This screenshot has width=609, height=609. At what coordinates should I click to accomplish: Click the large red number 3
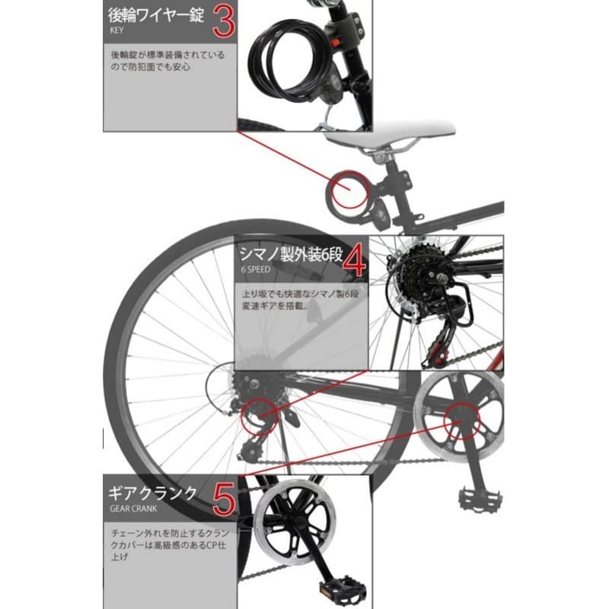(x=222, y=22)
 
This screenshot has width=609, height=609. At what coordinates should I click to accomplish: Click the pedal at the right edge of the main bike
(x=480, y=499)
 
